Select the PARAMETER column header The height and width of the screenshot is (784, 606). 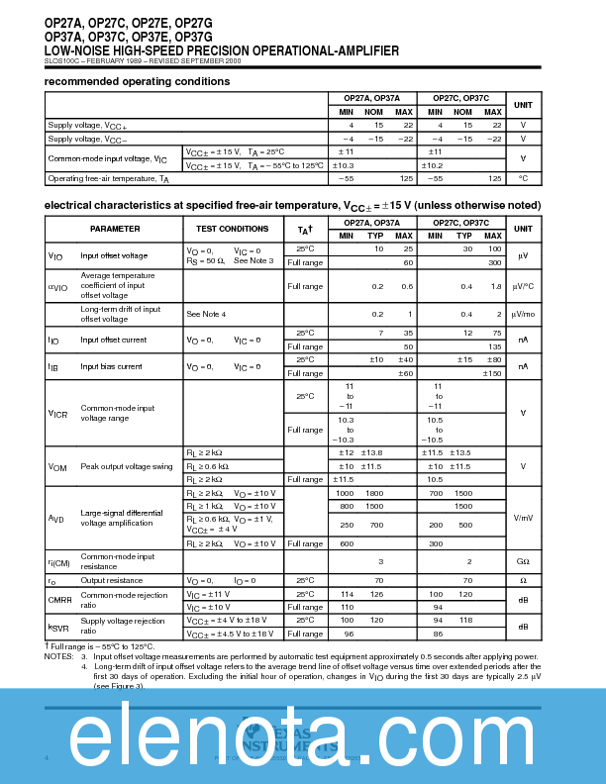(115, 229)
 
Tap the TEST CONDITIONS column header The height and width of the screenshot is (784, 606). (233, 229)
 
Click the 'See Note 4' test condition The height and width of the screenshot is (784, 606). (207, 314)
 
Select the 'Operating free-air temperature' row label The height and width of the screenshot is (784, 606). (109, 178)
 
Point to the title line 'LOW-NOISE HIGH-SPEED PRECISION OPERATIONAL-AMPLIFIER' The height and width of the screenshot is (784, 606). (222, 49)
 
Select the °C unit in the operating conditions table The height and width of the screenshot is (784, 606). (522, 178)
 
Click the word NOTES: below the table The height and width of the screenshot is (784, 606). (59, 656)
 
